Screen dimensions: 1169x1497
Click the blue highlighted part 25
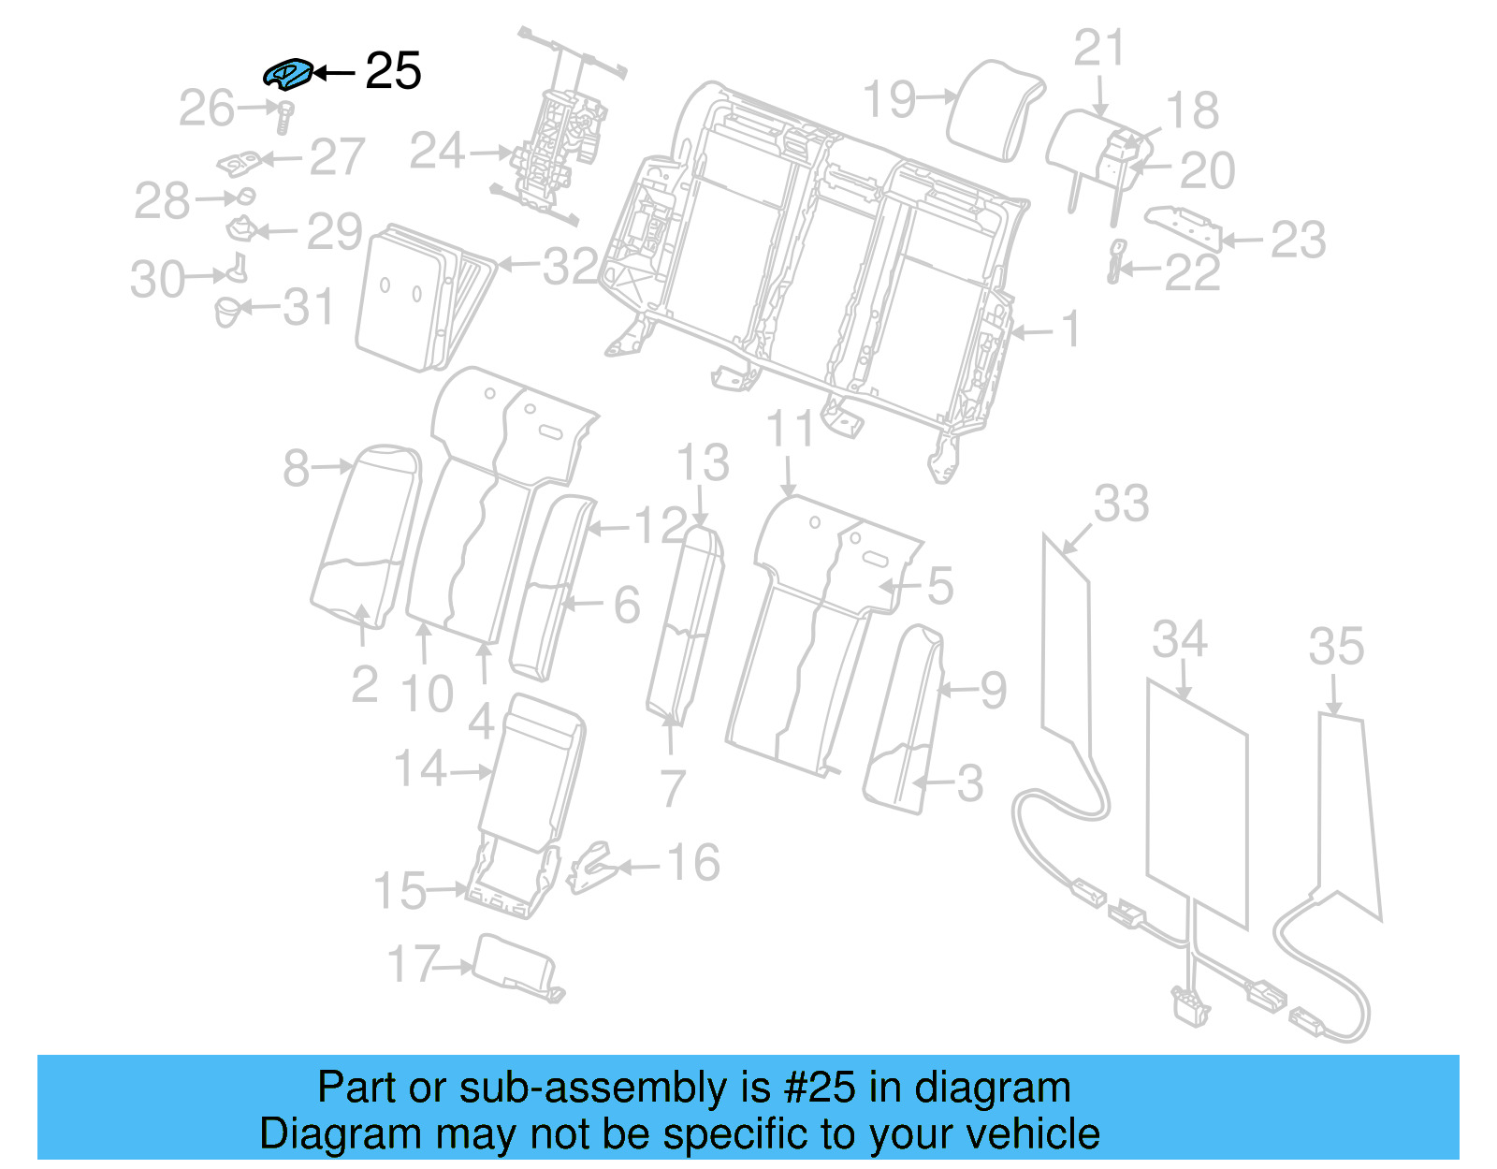pos(287,73)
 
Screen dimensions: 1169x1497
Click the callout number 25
pos(393,71)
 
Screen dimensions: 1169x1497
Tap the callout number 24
pos(437,151)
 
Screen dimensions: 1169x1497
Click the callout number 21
pos(1098,48)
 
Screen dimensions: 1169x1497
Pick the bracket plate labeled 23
pos(1184,227)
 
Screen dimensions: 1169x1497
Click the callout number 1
pos(1070,329)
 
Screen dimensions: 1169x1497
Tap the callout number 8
pos(296,467)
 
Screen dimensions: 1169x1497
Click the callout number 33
pos(1121,504)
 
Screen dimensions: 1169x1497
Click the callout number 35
pos(1336,647)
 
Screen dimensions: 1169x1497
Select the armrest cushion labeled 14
pos(531,772)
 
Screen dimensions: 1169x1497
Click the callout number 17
pos(413,963)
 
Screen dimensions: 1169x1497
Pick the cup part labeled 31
pos(227,311)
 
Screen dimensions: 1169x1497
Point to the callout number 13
pos(703,463)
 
